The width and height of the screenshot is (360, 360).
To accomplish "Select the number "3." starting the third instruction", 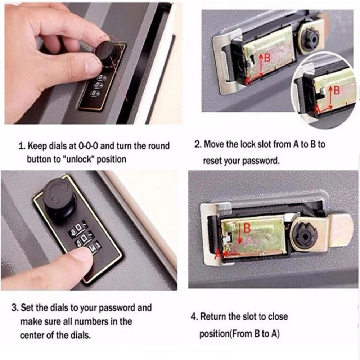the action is pyautogui.click(x=15, y=308).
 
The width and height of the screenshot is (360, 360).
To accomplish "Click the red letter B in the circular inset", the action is pyautogui.click(x=337, y=90).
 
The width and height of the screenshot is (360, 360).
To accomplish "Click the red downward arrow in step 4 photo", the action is pyautogui.click(x=240, y=234).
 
